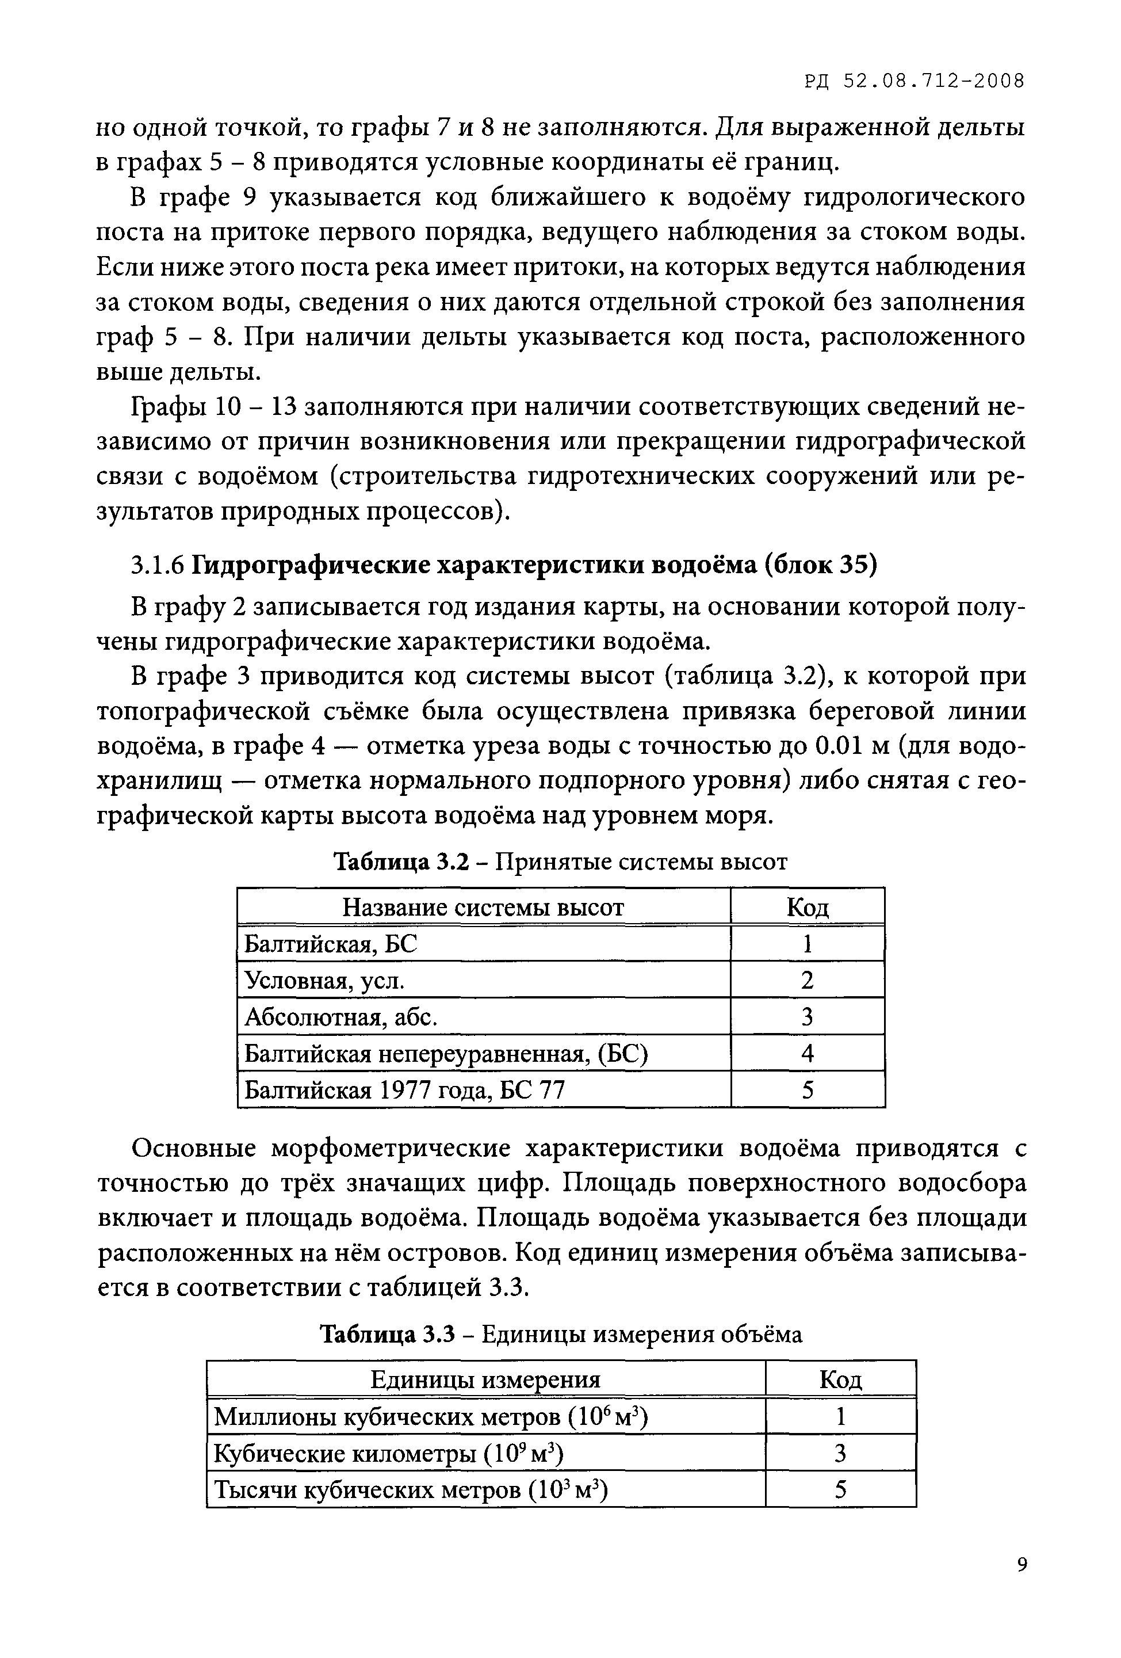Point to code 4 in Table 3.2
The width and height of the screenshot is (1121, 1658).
[807, 1053]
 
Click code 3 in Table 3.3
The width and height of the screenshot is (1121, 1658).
[840, 1453]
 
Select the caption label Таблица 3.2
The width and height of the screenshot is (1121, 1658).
[401, 862]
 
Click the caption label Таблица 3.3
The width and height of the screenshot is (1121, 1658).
[387, 1334]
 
